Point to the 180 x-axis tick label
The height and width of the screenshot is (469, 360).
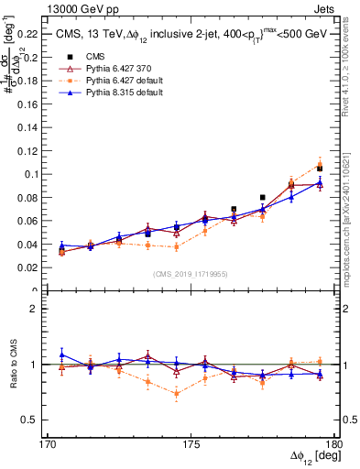333,444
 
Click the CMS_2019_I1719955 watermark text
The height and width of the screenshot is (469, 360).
191,272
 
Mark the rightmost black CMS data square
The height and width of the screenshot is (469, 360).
320,169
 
